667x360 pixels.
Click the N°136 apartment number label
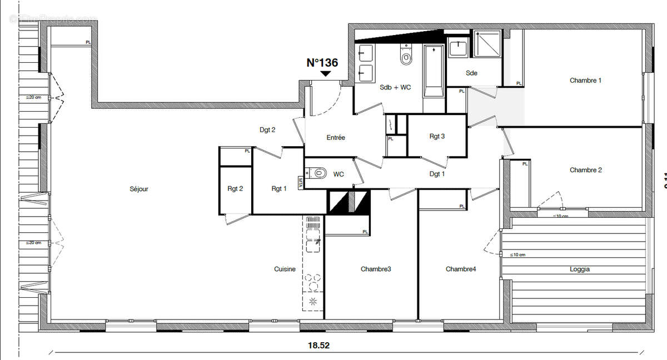tap(322, 63)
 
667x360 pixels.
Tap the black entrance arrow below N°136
tap(326, 73)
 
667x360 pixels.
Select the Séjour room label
tap(138, 189)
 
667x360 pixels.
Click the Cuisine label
tap(285, 269)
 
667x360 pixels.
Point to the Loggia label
tap(579, 269)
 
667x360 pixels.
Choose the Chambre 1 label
tap(585, 81)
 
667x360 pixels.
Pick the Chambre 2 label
tap(585, 170)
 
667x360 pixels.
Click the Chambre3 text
tap(376, 269)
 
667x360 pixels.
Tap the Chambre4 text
tap(461, 269)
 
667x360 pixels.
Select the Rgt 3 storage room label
tap(437, 136)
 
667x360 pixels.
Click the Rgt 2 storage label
tap(235, 189)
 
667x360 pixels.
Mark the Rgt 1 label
tap(279, 189)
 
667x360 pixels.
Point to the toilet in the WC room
tap(318, 173)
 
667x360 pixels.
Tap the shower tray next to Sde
tap(487, 43)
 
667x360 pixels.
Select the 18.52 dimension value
tap(319, 345)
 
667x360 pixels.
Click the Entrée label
tap(336, 137)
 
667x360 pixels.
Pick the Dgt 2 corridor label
tap(267, 130)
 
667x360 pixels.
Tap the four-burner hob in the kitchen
tap(313, 282)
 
